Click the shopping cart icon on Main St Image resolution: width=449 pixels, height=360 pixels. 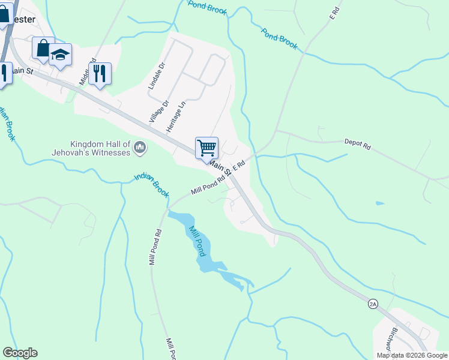[x=206, y=148]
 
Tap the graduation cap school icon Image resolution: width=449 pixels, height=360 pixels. [x=60, y=55]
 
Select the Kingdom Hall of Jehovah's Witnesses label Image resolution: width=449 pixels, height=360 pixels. [x=100, y=149]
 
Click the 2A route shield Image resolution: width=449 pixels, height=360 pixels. [x=373, y=304]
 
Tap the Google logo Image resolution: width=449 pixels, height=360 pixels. [x=20, y=353]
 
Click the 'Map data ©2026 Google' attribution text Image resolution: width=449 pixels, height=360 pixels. [x=412, y=355]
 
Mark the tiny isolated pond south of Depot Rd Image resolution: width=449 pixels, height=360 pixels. [x=380, y=203]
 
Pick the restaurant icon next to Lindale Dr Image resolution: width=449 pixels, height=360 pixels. [x=100, y=74]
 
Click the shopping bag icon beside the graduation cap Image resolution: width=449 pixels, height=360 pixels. [x=43, y=49]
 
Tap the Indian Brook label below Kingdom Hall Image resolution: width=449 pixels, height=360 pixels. [x=152, y=185]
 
